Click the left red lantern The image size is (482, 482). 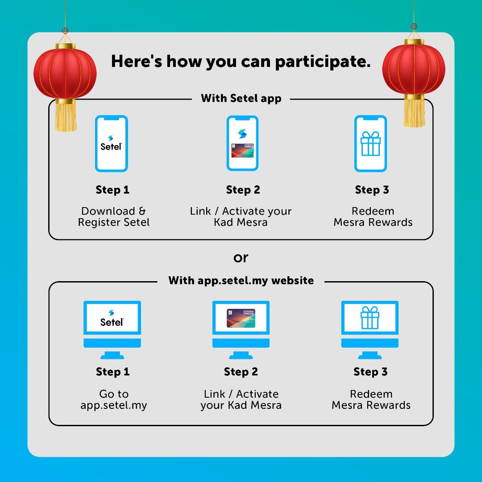tap(65, 71)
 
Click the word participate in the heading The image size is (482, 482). tap(323, 61)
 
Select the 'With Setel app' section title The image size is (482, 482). tap(241, 98)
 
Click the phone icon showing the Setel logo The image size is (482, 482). tap(112, 143)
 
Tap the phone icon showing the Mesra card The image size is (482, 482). tap(242, 143)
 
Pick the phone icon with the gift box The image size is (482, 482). tap(370, 143)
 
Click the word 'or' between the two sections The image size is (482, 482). tap(241, 258)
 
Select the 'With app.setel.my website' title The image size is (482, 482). tap(241, 281)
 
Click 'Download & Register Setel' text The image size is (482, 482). tap(114, 216)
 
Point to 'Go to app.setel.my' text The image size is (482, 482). tap(114, 399)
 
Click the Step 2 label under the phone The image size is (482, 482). tap(243, 190)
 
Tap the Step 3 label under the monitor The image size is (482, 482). tap(370, 372)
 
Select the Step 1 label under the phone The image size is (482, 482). tap(112, 190)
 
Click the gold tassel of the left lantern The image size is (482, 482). tap(66, 117)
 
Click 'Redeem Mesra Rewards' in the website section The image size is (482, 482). tap(371, 399)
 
